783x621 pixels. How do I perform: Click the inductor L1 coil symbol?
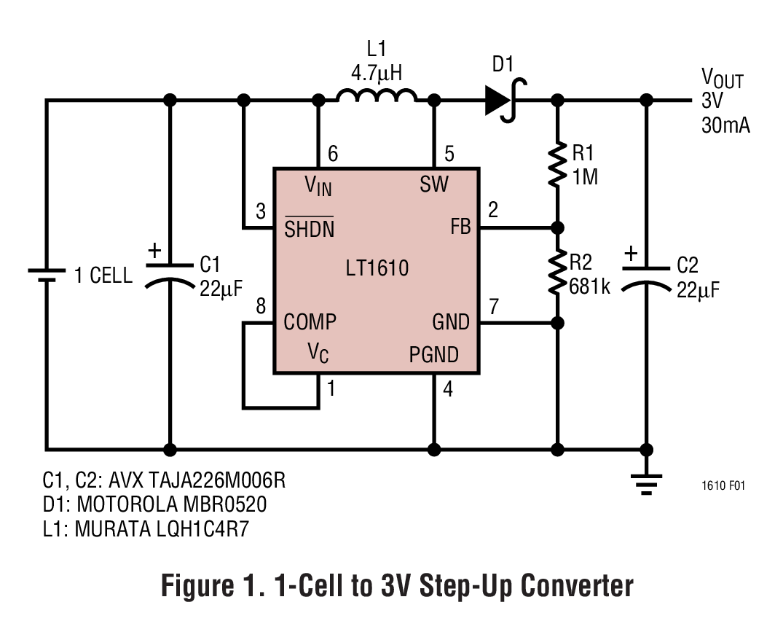(376, 96)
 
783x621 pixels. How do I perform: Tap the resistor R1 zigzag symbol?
(557, 164)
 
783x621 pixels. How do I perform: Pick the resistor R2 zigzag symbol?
(557, 272)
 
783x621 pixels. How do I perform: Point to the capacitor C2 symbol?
(646, 276)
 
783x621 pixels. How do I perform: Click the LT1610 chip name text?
(377, 268)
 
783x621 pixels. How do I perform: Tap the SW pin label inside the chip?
(434, 184)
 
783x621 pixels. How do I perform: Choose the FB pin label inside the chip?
(460, 227)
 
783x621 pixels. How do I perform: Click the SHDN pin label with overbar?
(309, 229)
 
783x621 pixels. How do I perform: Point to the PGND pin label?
(433, 355)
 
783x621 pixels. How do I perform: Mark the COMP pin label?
(310, 321)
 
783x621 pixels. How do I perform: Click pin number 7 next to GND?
(494, 307)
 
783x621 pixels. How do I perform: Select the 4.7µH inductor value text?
(376, 73)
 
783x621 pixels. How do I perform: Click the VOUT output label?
(722, 77)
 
